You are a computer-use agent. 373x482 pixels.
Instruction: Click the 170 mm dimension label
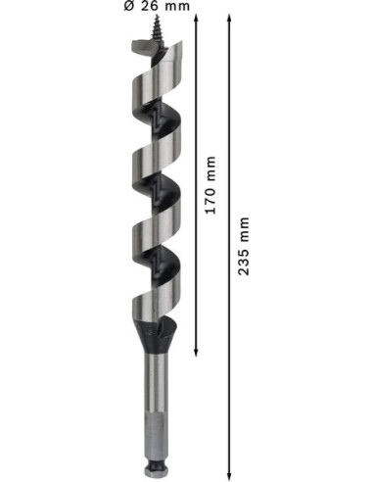pos(210,185)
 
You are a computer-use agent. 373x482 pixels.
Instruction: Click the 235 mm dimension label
pos(244,246)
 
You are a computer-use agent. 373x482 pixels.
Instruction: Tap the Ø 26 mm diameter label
pos(157,6)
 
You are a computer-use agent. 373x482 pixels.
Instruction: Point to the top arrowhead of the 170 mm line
pos(196,18)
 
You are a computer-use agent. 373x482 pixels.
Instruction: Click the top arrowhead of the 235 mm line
pos(229,18)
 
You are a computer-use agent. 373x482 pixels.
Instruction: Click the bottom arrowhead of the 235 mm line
pos(229,476)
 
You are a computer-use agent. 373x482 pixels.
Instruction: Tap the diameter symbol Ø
pos(129,6)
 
